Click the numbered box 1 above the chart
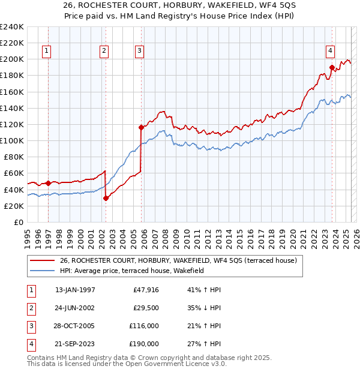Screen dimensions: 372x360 [x=46, y=51]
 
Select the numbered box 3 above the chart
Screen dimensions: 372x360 [x=139, y=51]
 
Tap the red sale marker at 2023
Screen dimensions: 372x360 [x=331, y=67]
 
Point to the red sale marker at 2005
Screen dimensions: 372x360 [x=141, y=127]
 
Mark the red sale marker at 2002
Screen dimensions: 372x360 [x=106, y=198]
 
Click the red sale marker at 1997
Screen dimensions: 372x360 [x=48, y=183]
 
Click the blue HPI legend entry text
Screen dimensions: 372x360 [x=132, y=271]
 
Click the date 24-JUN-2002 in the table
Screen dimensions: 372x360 [x=74, y=308]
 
